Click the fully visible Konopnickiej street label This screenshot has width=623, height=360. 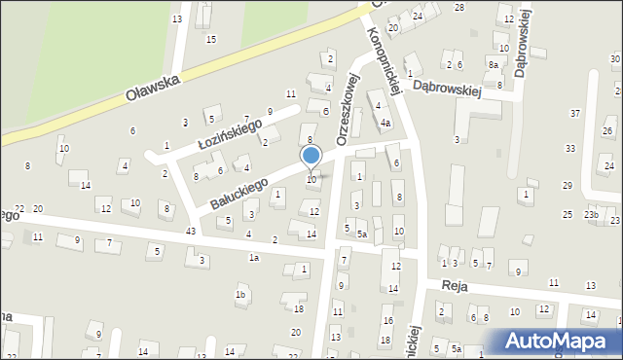click(384, 58)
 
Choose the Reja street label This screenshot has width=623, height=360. click(455, 286)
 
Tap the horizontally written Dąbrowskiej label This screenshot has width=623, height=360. click(448, 88)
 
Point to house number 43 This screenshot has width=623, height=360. click(191, 230)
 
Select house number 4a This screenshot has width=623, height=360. click(385, 124)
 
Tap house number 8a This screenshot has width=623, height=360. click(494, 64)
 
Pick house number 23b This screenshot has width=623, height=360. click(591, 214)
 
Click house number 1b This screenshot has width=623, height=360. click(239, 294)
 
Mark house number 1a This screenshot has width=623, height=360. click(253, 258)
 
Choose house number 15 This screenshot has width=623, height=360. click(211, 39)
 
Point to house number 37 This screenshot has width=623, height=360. click(575, 114)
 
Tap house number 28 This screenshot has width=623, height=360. click(459, 8)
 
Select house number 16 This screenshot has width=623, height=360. click(386, 321)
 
